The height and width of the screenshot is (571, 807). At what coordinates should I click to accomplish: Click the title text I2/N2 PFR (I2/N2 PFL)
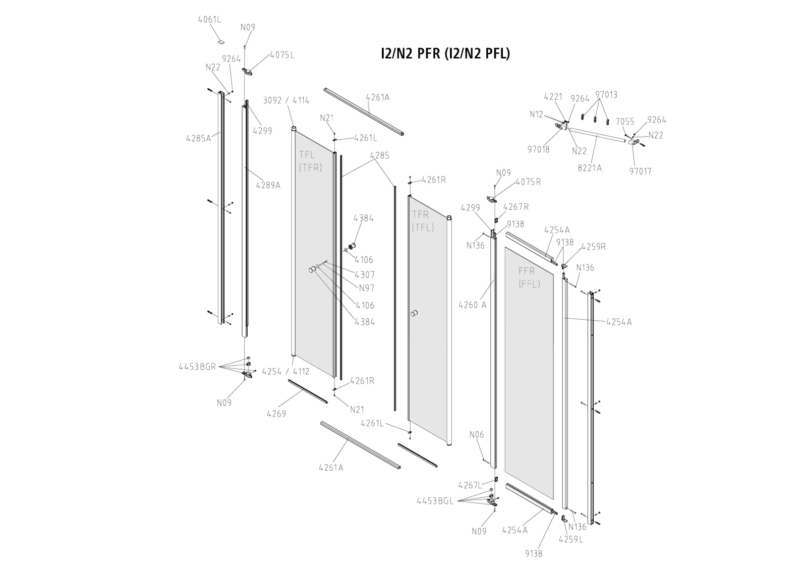445,53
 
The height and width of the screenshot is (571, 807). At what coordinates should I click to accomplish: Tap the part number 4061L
209,20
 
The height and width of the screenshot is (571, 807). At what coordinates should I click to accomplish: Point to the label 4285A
198,138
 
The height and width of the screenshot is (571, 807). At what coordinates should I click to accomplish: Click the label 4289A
268,185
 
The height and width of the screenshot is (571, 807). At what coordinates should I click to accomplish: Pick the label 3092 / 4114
286,100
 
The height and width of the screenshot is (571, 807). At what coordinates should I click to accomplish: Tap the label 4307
364,275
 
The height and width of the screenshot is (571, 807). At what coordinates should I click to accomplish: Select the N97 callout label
366,289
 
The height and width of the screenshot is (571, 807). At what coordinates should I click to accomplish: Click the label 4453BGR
197,367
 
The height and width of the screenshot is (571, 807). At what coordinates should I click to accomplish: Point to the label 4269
276,414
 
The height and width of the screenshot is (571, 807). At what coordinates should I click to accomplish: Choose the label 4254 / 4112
285,372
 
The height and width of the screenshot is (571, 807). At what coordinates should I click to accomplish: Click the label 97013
606,95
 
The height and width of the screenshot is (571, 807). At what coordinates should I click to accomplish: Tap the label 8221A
590,168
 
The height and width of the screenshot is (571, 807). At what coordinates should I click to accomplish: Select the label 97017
640,171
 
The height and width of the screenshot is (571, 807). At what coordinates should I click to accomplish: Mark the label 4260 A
473,305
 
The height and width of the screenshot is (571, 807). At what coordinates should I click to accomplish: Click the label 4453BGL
435,501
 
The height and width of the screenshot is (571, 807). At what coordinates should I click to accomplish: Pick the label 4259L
571,539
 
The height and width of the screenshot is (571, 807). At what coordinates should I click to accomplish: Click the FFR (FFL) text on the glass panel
529,277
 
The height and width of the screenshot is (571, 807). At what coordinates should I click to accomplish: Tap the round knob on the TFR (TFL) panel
415,314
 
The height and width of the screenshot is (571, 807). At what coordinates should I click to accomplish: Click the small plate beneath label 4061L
221,40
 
